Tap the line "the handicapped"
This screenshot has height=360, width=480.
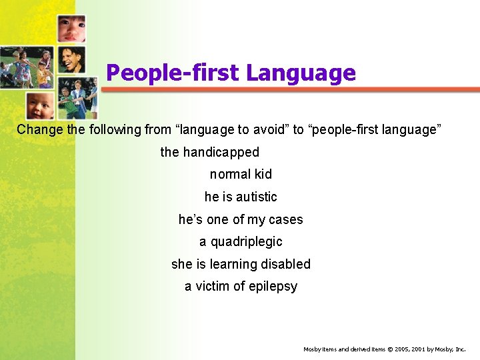point(209,152)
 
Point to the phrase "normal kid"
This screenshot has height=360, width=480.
point(241,174)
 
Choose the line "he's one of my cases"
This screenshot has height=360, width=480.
point(241,219)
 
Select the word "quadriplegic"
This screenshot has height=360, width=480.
point(247,241)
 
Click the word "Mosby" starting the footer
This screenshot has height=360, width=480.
point(312,349)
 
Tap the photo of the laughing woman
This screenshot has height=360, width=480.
point(70,60)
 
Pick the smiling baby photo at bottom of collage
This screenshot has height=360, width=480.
point(40,105)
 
